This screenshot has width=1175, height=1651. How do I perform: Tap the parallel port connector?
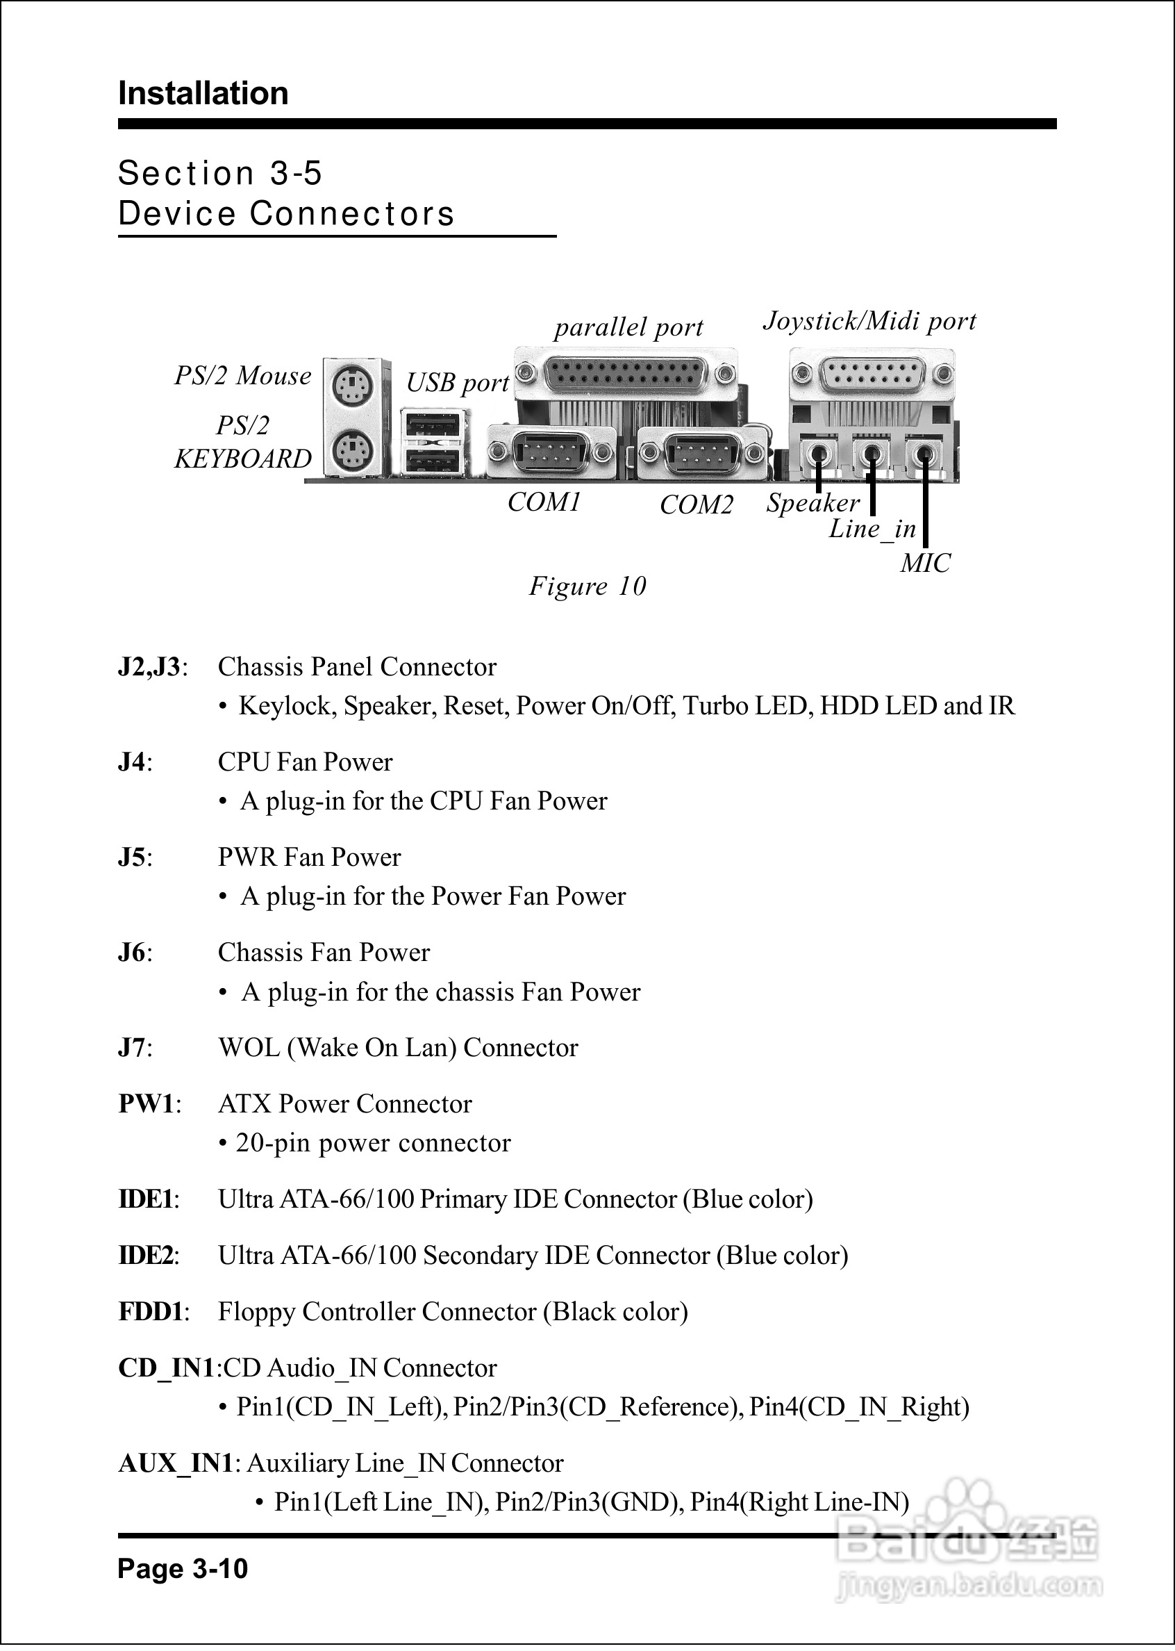point(625,373)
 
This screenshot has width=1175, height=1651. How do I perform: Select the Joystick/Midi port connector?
point(872,373)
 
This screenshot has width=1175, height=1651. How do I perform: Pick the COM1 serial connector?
point(551,452)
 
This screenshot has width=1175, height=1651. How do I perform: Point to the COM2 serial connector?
point(701,452)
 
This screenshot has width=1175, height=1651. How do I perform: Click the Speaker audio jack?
point(818,454)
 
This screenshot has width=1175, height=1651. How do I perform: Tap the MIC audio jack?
point(923,454)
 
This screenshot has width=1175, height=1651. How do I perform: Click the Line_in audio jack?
point(871,454)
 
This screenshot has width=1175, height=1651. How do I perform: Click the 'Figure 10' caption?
point(587,586)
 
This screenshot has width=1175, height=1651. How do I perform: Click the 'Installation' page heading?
point(203,93)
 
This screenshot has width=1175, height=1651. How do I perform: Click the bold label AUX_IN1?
point(176,1463)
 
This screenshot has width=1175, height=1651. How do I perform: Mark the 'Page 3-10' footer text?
point(183,1568)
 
